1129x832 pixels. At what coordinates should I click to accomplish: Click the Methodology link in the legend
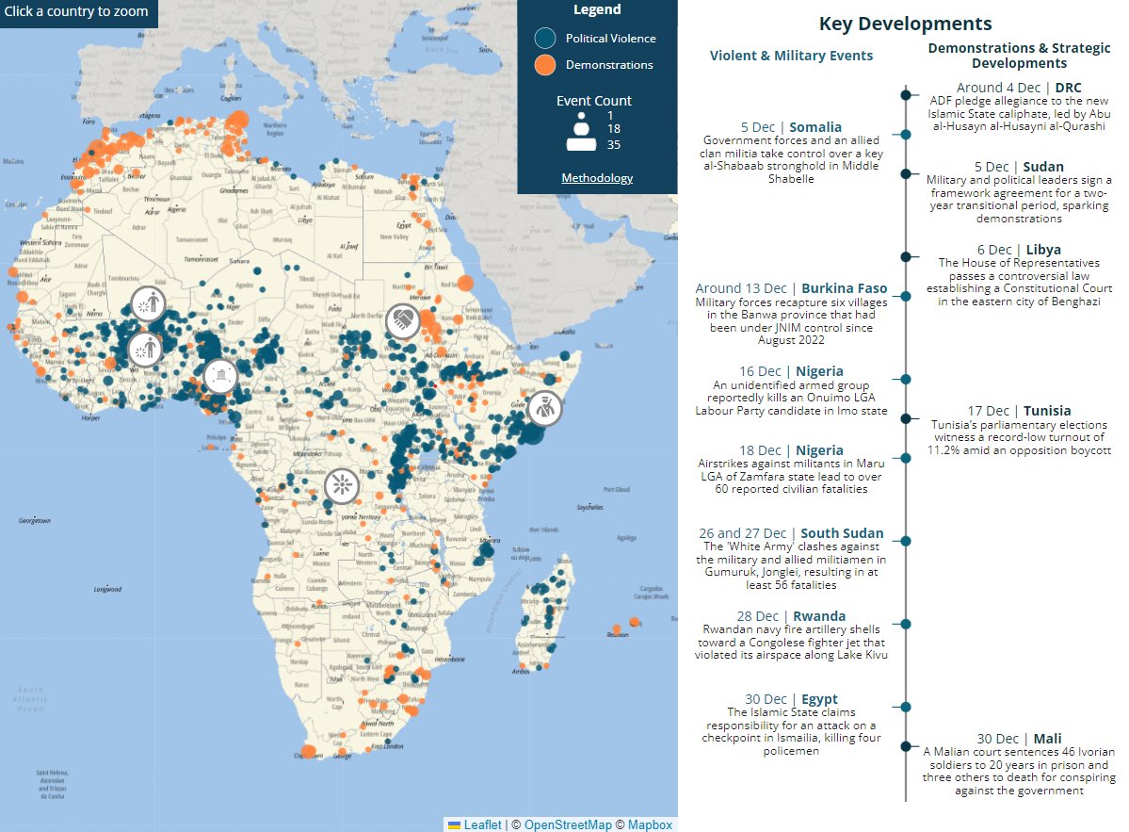[597, 178]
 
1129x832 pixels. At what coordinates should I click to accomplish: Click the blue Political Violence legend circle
[545, 39]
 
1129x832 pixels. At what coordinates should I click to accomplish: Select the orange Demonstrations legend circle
[545, 65]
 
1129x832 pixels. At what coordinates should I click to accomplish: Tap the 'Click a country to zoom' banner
[77, 12]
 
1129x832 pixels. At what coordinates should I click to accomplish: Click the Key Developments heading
[905, 24]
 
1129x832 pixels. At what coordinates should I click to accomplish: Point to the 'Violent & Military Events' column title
[791, 56]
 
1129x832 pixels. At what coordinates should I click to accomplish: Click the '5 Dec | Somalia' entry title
[791, 127]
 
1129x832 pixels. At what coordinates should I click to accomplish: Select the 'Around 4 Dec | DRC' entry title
[1019, 88]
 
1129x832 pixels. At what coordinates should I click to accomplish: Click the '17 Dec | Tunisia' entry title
[1019, 411]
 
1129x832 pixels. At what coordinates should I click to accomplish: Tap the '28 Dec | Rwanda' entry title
[791, 616]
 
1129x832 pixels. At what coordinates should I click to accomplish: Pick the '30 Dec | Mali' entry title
[1019, 739]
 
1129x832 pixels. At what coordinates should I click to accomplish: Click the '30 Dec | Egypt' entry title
[791, 699]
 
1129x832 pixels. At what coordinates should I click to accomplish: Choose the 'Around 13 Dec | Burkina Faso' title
[791, 288]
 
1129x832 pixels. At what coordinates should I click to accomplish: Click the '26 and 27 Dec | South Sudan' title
[791, 533]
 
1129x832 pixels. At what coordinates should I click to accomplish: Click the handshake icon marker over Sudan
[403, 319]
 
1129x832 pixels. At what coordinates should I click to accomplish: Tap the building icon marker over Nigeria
[219, 377]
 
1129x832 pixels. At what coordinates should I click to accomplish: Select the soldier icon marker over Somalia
[544, 408]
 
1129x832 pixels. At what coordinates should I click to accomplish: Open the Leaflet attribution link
[482, 824]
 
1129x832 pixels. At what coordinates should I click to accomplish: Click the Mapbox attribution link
[650, 824]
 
